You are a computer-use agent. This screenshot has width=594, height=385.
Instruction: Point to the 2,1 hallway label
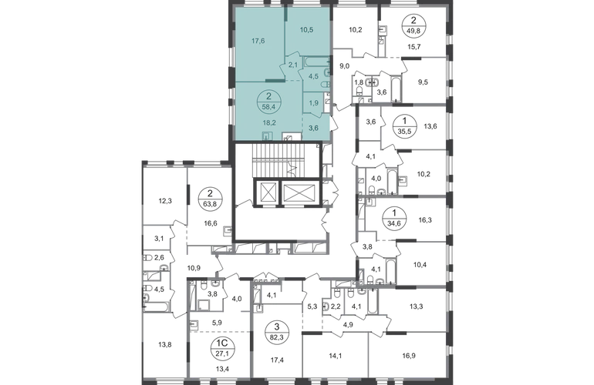[293, 66]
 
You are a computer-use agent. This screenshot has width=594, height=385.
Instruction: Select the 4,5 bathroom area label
[314, 75]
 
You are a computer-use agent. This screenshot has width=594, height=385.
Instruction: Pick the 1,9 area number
[314, 102]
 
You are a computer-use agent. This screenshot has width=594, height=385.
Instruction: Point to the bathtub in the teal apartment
[316, 59]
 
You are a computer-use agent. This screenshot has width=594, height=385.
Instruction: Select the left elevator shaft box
[266, 193]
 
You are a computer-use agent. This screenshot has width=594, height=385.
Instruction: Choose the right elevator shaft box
[298, 193]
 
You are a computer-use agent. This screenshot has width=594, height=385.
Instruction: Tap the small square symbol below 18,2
[266, 135]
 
